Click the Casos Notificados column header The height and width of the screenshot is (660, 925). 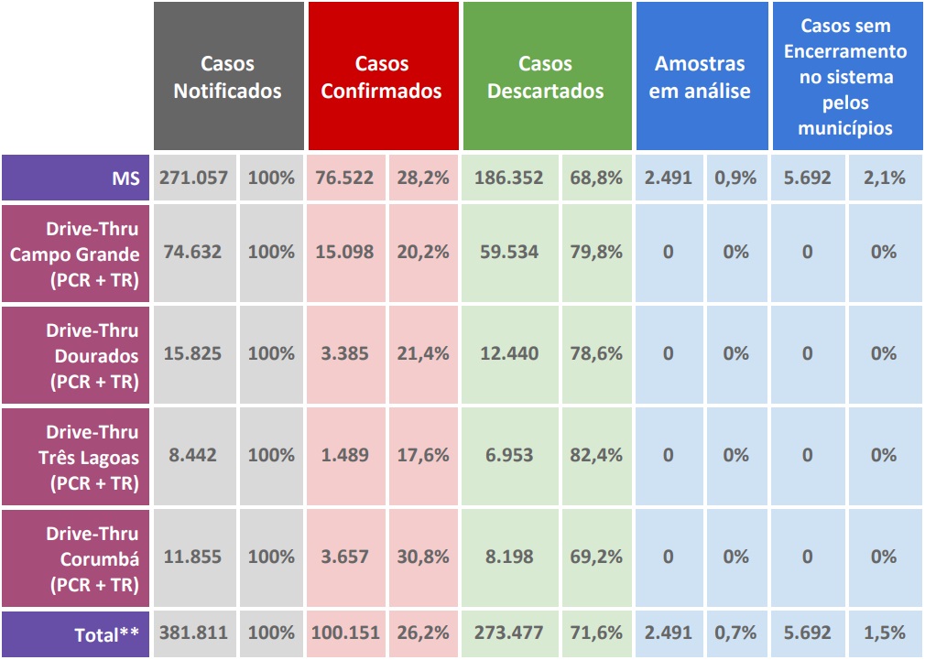[x=228, y=77]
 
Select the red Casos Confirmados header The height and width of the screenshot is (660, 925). [x=382, y=77]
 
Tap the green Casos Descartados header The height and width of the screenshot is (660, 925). [x=546, y=77]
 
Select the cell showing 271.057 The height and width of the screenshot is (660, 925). [x=193, y=178]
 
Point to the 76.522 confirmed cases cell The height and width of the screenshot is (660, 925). [x=344, y=178]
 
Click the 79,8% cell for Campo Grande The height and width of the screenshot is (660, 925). [x=596, y=252]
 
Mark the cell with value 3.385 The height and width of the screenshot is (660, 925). [x=344, y=353]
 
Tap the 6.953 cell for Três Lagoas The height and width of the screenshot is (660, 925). [x=509, y=455]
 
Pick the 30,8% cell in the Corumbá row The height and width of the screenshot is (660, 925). [x=423, y=557]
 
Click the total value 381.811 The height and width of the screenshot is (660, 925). [x=193, y=633]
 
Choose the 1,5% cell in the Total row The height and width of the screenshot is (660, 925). [x=884, y=633]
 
